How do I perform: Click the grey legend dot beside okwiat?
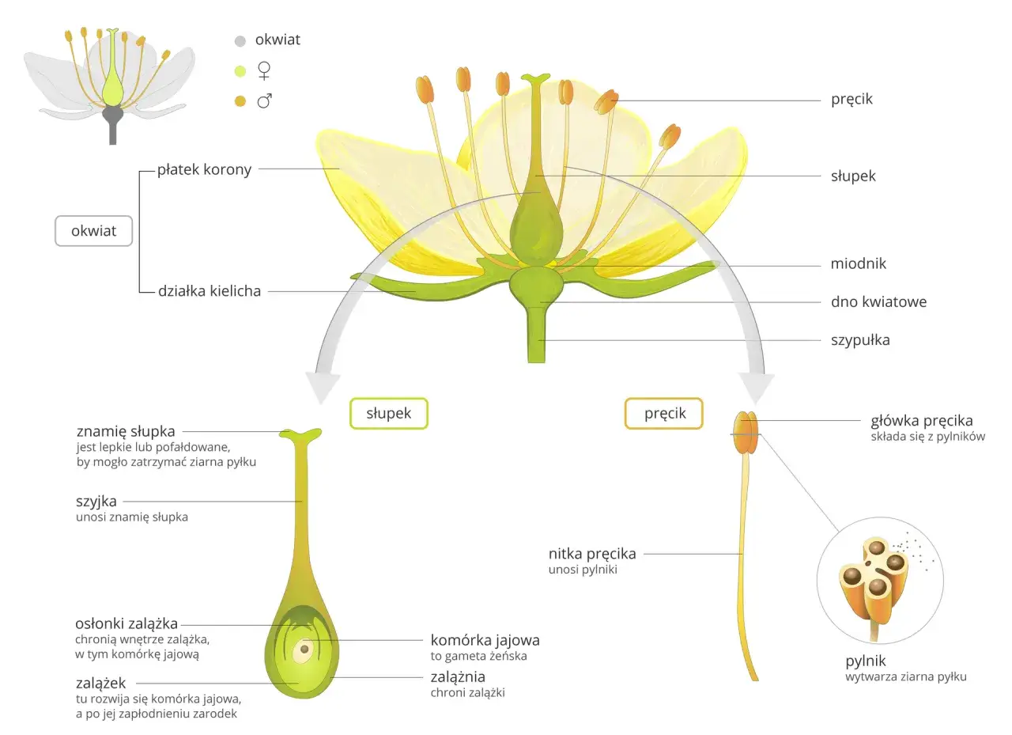click(240, 41)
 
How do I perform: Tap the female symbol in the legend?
click(265, 71)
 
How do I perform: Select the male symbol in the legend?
click(266, 100)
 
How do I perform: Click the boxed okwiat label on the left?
click(93, 231)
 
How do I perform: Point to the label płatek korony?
click(204, 169)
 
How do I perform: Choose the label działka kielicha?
click(210, 291)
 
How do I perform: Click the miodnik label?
click(858, 263)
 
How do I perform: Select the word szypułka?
click(860, 340)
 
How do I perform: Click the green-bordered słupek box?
click(388, 413)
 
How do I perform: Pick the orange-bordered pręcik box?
click(664, 413)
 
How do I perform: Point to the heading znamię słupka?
click(126, 432)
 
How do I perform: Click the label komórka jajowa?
click(485, 640)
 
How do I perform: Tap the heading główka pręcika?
click(921, 421)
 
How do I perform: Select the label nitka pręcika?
click(592, 554)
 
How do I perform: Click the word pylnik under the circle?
click(866, 661)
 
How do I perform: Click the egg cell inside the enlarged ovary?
click(303, 651)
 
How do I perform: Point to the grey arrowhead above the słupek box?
click(323, 386)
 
